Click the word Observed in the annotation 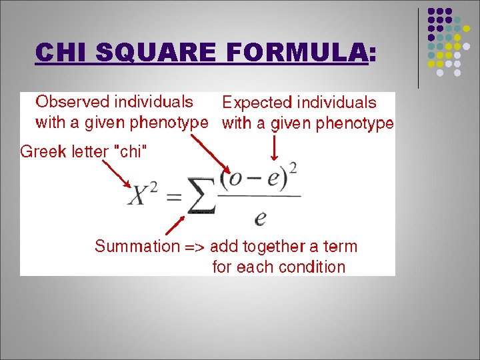tap(72, 102)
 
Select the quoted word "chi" tap(129, 151)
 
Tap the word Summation tap(137, 247)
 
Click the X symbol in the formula tap(140, 196)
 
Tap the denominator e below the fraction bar tap(261, 218)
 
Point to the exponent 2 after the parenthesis tap(293, 166)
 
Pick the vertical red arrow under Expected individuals tap(274, 146)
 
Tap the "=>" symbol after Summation tap(195, 247)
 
